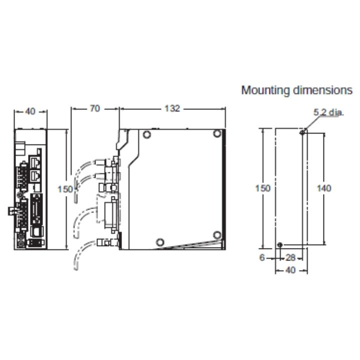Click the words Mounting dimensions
pyautogui.click(x=296, y=90)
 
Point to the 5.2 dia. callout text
pyautogui.click(x=329, y=112)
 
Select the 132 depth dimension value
pyautogui.click(x=172, y=108)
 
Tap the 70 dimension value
pyautogui.click(x=95, y=108)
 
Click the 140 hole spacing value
pyautogui.click(x=324, y=188)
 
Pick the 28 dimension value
pyautogui.click(x=290, y=258)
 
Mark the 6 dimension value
pyautogui.click(x=262, y=257)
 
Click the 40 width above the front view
pyautogui.click(x=30, y=111)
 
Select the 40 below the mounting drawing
pyautogui.click(x=290, y=270)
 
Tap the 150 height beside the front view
pyautogui.click(x=65, y=189)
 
